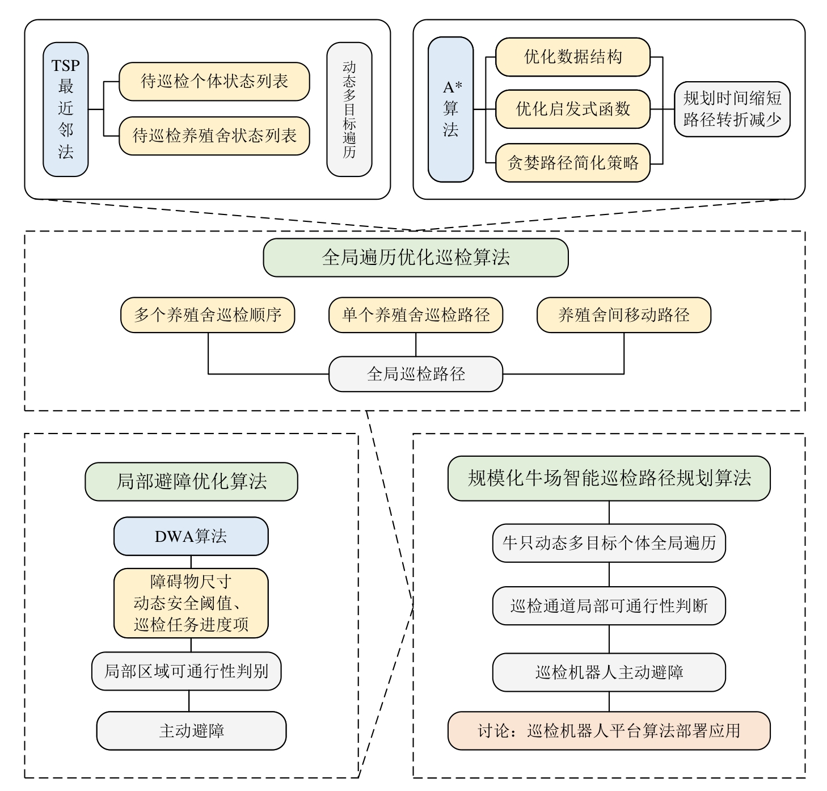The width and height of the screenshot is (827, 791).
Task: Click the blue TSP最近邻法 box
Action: [x=66, y=109]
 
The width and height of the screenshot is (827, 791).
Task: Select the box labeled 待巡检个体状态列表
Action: [x=214, y=82]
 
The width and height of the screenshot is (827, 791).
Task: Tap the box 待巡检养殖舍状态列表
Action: [x=214, y=136]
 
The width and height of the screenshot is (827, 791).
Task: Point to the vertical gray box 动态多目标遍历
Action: [x=349, y=109]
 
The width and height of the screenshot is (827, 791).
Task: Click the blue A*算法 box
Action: [x=451, y=109]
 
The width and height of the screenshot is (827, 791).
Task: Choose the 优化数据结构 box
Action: [x=572, y=57]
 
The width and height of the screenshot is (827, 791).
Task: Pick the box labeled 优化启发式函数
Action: [x=572, y=109]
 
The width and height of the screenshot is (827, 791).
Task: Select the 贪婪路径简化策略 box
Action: [x=572, y=163]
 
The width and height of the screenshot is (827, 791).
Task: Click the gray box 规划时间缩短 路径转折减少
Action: [x=732, y=109]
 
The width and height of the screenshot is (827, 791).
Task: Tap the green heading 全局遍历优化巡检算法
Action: [x=416, y=258]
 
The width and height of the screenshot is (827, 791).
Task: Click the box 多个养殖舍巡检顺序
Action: [x=208, y=315]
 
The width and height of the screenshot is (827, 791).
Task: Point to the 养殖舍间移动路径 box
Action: [x=623, y=315]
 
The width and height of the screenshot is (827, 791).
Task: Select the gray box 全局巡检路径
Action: [x=416, y=374]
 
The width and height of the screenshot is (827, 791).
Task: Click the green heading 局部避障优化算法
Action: [x=191, y=482]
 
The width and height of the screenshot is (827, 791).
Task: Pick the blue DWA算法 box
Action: [x=191, y=536]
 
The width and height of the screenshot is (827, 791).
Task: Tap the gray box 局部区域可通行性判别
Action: [x=186, y=671]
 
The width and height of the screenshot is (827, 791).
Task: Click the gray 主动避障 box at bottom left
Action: [x=191, y=731]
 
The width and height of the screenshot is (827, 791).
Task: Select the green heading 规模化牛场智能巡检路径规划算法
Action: [x=609, y=478]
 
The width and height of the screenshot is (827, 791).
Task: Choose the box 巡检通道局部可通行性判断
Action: [x=609, y=606]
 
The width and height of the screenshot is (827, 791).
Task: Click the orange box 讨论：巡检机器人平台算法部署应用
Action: [x=609, y=731]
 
